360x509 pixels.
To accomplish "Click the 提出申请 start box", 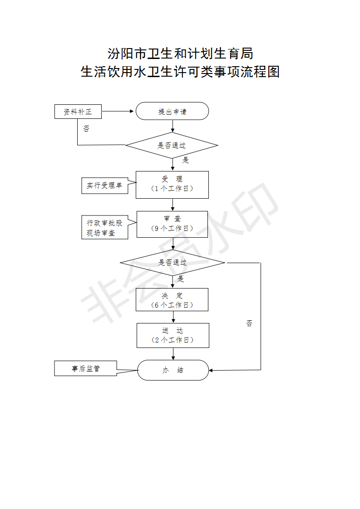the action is tap(172, 111).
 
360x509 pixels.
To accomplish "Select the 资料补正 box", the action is tap(78, 112).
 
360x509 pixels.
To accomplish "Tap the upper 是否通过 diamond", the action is tap(172, 146).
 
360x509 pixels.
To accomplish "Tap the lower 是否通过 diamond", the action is tap(173, 263).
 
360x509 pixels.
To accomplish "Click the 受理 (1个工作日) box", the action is tap(172, 185).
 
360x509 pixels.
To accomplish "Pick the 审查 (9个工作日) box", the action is tap(172, 224).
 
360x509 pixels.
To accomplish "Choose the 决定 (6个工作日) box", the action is tap(172, 299).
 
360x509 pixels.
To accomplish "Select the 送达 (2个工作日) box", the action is tap(173, 335).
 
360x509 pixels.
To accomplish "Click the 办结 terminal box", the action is tap(173, 370).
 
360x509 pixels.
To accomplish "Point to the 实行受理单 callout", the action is tap(104, 186).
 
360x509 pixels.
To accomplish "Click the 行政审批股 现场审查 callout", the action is tap(104, 227).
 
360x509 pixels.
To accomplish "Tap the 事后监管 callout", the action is tap(85, 368).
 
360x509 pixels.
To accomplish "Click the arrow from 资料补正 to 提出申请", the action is tap(118, 111).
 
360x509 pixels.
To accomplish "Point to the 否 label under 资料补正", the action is tap(86, 129).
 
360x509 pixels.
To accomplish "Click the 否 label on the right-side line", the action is tap(249, 323).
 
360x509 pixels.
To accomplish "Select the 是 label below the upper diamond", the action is tap(185, 160).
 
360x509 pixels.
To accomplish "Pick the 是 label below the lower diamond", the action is tap(181, 279).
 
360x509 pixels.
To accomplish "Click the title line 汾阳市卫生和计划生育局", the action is tap(180, 54).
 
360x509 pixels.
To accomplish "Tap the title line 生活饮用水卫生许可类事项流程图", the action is tap(180, 72).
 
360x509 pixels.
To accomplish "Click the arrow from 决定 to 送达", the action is tap(173, 317).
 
